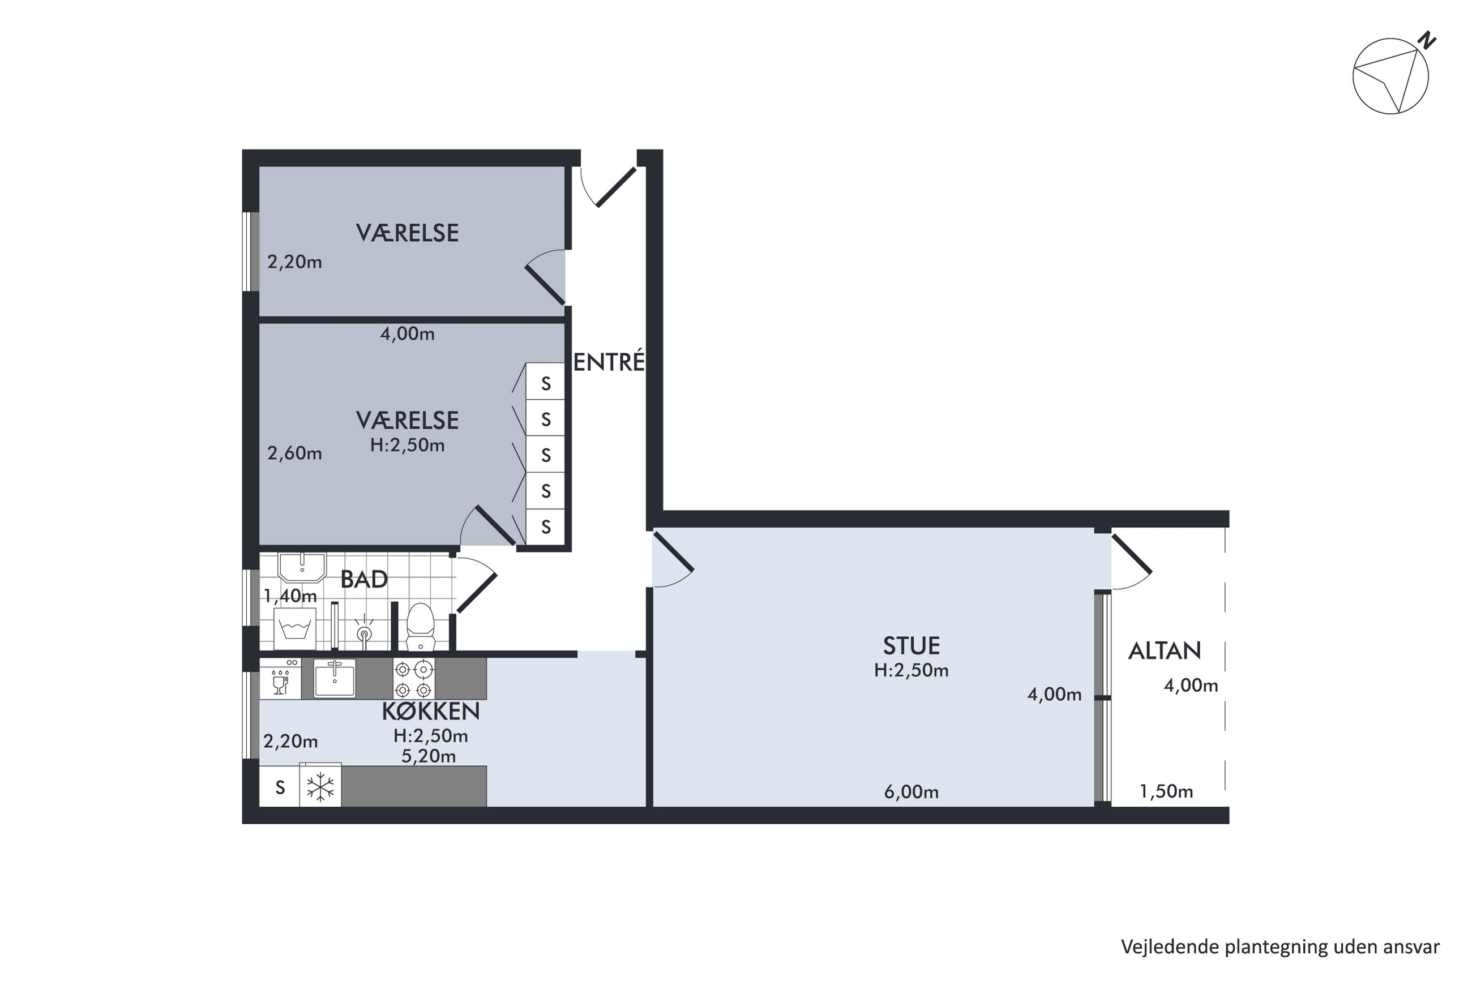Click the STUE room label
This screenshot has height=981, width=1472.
[911, 646]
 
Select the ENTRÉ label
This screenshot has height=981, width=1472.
[609, 362]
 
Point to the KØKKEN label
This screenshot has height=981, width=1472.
[430, 712]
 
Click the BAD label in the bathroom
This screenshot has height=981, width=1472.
[363, 579]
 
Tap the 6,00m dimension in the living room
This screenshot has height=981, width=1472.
[911, 792]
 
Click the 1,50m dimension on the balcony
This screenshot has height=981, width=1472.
[1166, 792]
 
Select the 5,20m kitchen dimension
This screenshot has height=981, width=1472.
[429, 756]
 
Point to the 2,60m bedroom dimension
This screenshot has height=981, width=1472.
[294, 453]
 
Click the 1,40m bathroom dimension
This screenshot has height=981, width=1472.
[290, 596]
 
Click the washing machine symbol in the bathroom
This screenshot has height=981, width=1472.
[294, 628]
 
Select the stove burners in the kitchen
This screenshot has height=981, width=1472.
[413, 679]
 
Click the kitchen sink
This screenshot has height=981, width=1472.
[334, 679]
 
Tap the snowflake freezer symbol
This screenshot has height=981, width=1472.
[320, 786]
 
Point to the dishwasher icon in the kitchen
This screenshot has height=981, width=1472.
[280, 679]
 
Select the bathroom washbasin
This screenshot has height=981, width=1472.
[302, 567]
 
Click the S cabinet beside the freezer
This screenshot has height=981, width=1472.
[280, 787]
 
